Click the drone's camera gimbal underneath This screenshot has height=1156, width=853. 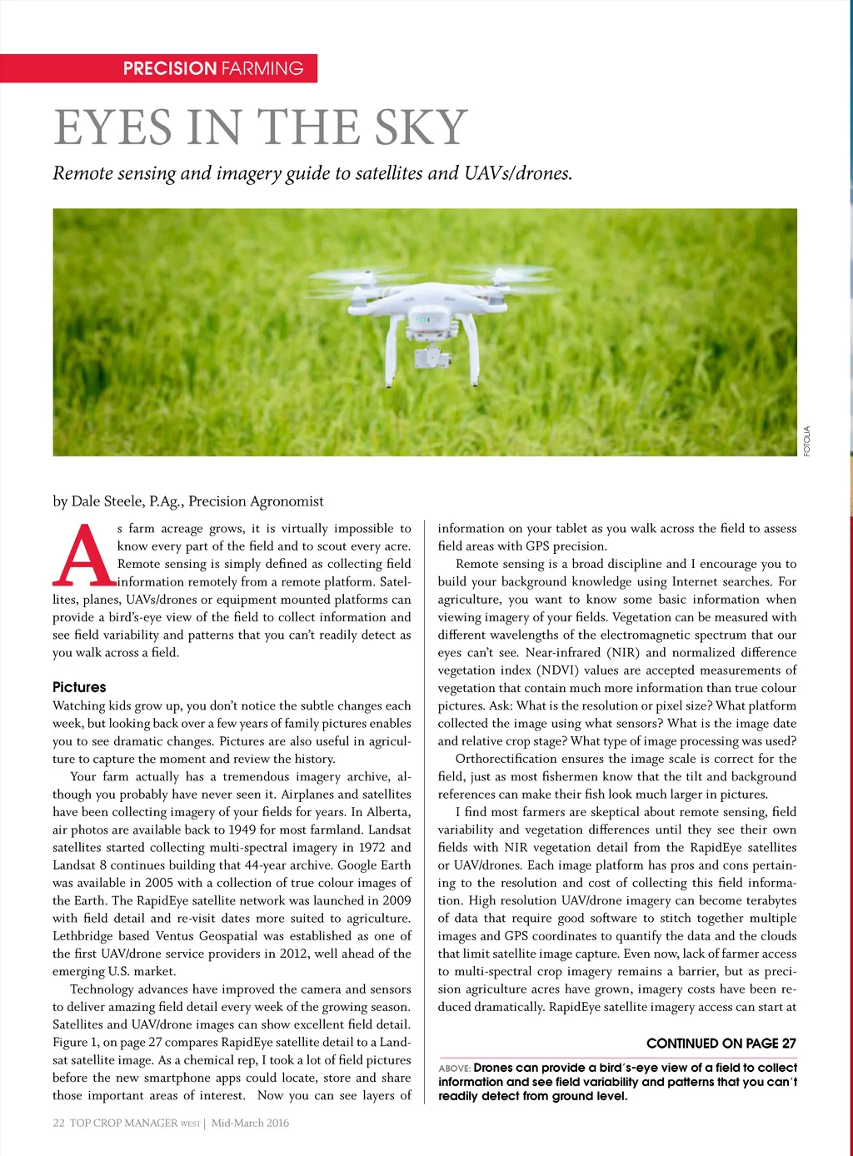[x=427, y=356]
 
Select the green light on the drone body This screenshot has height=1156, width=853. [x=422, y=319]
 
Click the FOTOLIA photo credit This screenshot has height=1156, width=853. [x=806, y=441]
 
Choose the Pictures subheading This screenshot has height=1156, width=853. [x=79, y=687]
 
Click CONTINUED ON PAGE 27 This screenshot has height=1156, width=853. [x=721, y=1044]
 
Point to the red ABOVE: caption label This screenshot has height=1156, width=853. [x=455, y=1069]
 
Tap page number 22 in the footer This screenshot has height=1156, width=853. [x=58, y=1123]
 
